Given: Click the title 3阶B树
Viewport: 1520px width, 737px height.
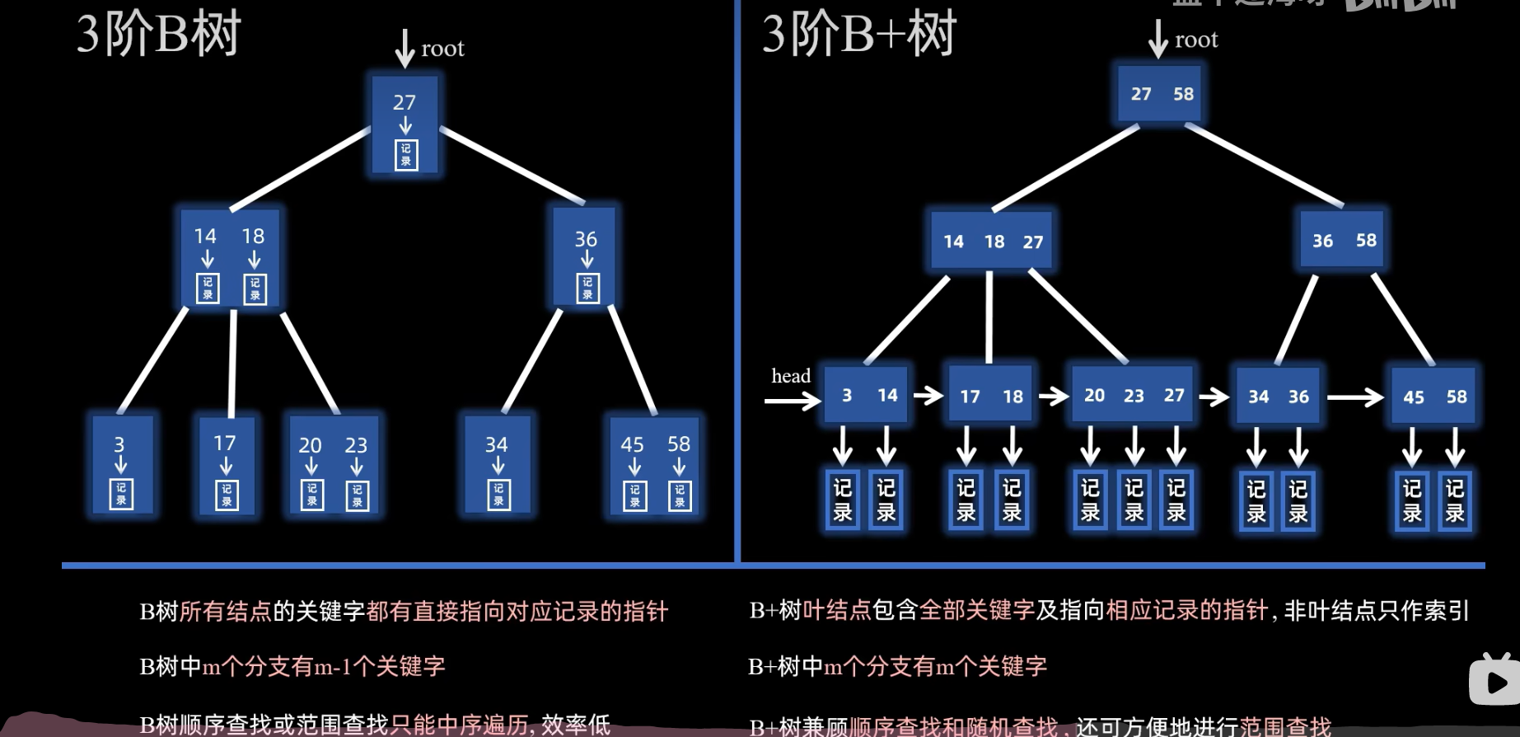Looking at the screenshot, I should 158,35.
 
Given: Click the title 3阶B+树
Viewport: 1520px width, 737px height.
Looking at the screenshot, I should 858,35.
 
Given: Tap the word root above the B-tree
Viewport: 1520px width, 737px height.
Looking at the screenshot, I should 442,49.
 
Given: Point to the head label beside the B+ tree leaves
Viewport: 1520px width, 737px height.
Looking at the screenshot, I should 791,376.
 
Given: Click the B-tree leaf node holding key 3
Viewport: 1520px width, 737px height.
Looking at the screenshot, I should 121,466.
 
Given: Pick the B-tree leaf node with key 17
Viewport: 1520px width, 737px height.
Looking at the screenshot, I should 226,467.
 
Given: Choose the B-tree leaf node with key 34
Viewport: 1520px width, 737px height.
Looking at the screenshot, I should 498,466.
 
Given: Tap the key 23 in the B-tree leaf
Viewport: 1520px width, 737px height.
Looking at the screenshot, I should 356,445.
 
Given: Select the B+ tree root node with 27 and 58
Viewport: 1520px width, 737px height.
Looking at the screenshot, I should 1162,94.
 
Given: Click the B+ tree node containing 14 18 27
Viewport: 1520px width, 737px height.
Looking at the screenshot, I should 992,242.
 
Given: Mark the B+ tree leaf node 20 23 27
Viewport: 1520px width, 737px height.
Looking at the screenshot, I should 1133,396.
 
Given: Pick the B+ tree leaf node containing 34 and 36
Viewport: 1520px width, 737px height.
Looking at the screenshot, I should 1278,397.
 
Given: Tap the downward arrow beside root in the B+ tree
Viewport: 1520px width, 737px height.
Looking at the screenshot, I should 1158,39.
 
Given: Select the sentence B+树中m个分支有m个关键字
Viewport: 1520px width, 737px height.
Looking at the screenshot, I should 897,666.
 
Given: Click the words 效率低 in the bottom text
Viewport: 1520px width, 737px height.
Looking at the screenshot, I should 576,725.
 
